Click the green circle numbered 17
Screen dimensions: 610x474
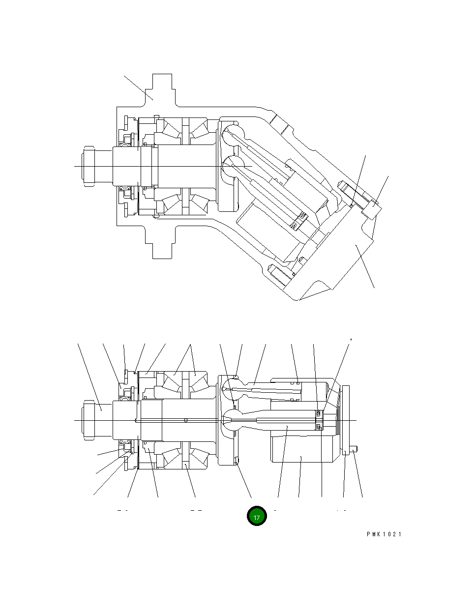[x=256, y=516]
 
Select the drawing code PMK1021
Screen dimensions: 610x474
[x=384, y=534]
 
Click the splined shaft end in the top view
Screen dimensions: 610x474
[x=89, y=167]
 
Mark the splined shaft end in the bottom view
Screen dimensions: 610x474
[x=89, y=420]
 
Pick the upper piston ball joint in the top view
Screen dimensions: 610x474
[x=232, y=134]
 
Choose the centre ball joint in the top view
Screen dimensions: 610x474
[x=231, y=167]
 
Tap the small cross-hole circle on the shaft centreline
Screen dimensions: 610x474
[x=186, y=420]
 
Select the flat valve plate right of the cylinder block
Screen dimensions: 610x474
[x=346, y=420]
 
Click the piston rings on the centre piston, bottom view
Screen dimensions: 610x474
[x=318, y=420]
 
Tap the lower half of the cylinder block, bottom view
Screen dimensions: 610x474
[x=302, y=450]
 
